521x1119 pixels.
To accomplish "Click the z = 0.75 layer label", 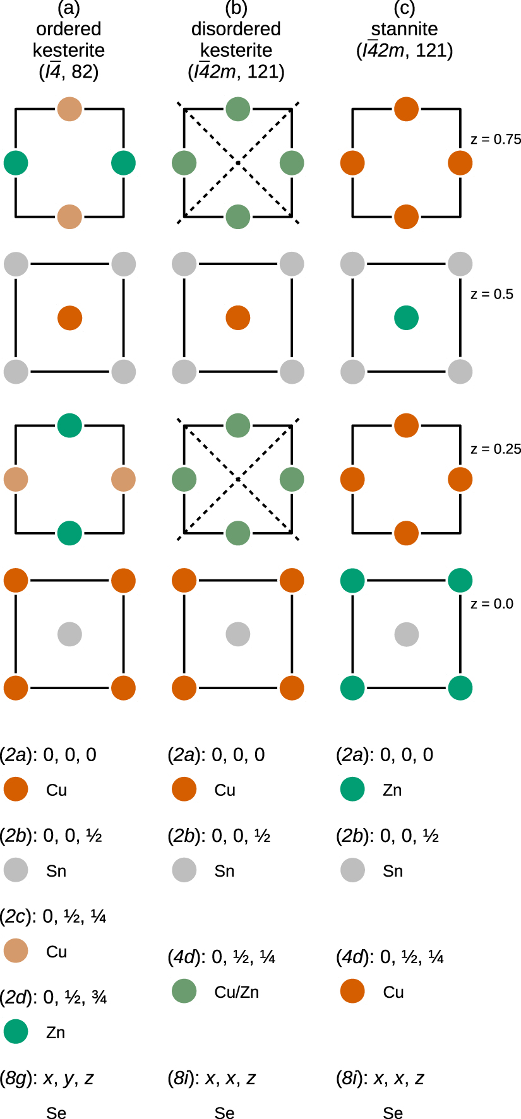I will tap(496, 139).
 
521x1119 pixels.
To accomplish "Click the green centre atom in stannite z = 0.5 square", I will tap(406, 318).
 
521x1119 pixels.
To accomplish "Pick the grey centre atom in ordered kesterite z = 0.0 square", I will tap(69, 634).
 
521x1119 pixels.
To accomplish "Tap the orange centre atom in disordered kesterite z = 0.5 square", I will tap(238, 318).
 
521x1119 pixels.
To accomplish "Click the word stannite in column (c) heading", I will tap(404, 29).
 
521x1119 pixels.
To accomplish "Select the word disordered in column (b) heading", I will tap(236, 29).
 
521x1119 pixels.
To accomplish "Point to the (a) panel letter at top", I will tap(68, 9).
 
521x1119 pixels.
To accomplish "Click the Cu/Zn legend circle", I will tap(184, 992).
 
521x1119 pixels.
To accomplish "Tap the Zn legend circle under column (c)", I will tap(352, 790).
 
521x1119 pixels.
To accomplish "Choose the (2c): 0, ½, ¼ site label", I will tap(53, 916).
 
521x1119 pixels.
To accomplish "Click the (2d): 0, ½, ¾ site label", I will tap(53, 998).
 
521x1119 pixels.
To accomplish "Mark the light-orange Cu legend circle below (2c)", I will tap(16, 951).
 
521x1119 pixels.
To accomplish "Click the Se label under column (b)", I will tap(224, 1113).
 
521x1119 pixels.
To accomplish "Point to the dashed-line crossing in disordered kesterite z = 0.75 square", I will tap(238, 163).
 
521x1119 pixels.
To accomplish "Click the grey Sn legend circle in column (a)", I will tap(16, 870).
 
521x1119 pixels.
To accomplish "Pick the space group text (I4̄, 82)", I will tap(69, 72).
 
